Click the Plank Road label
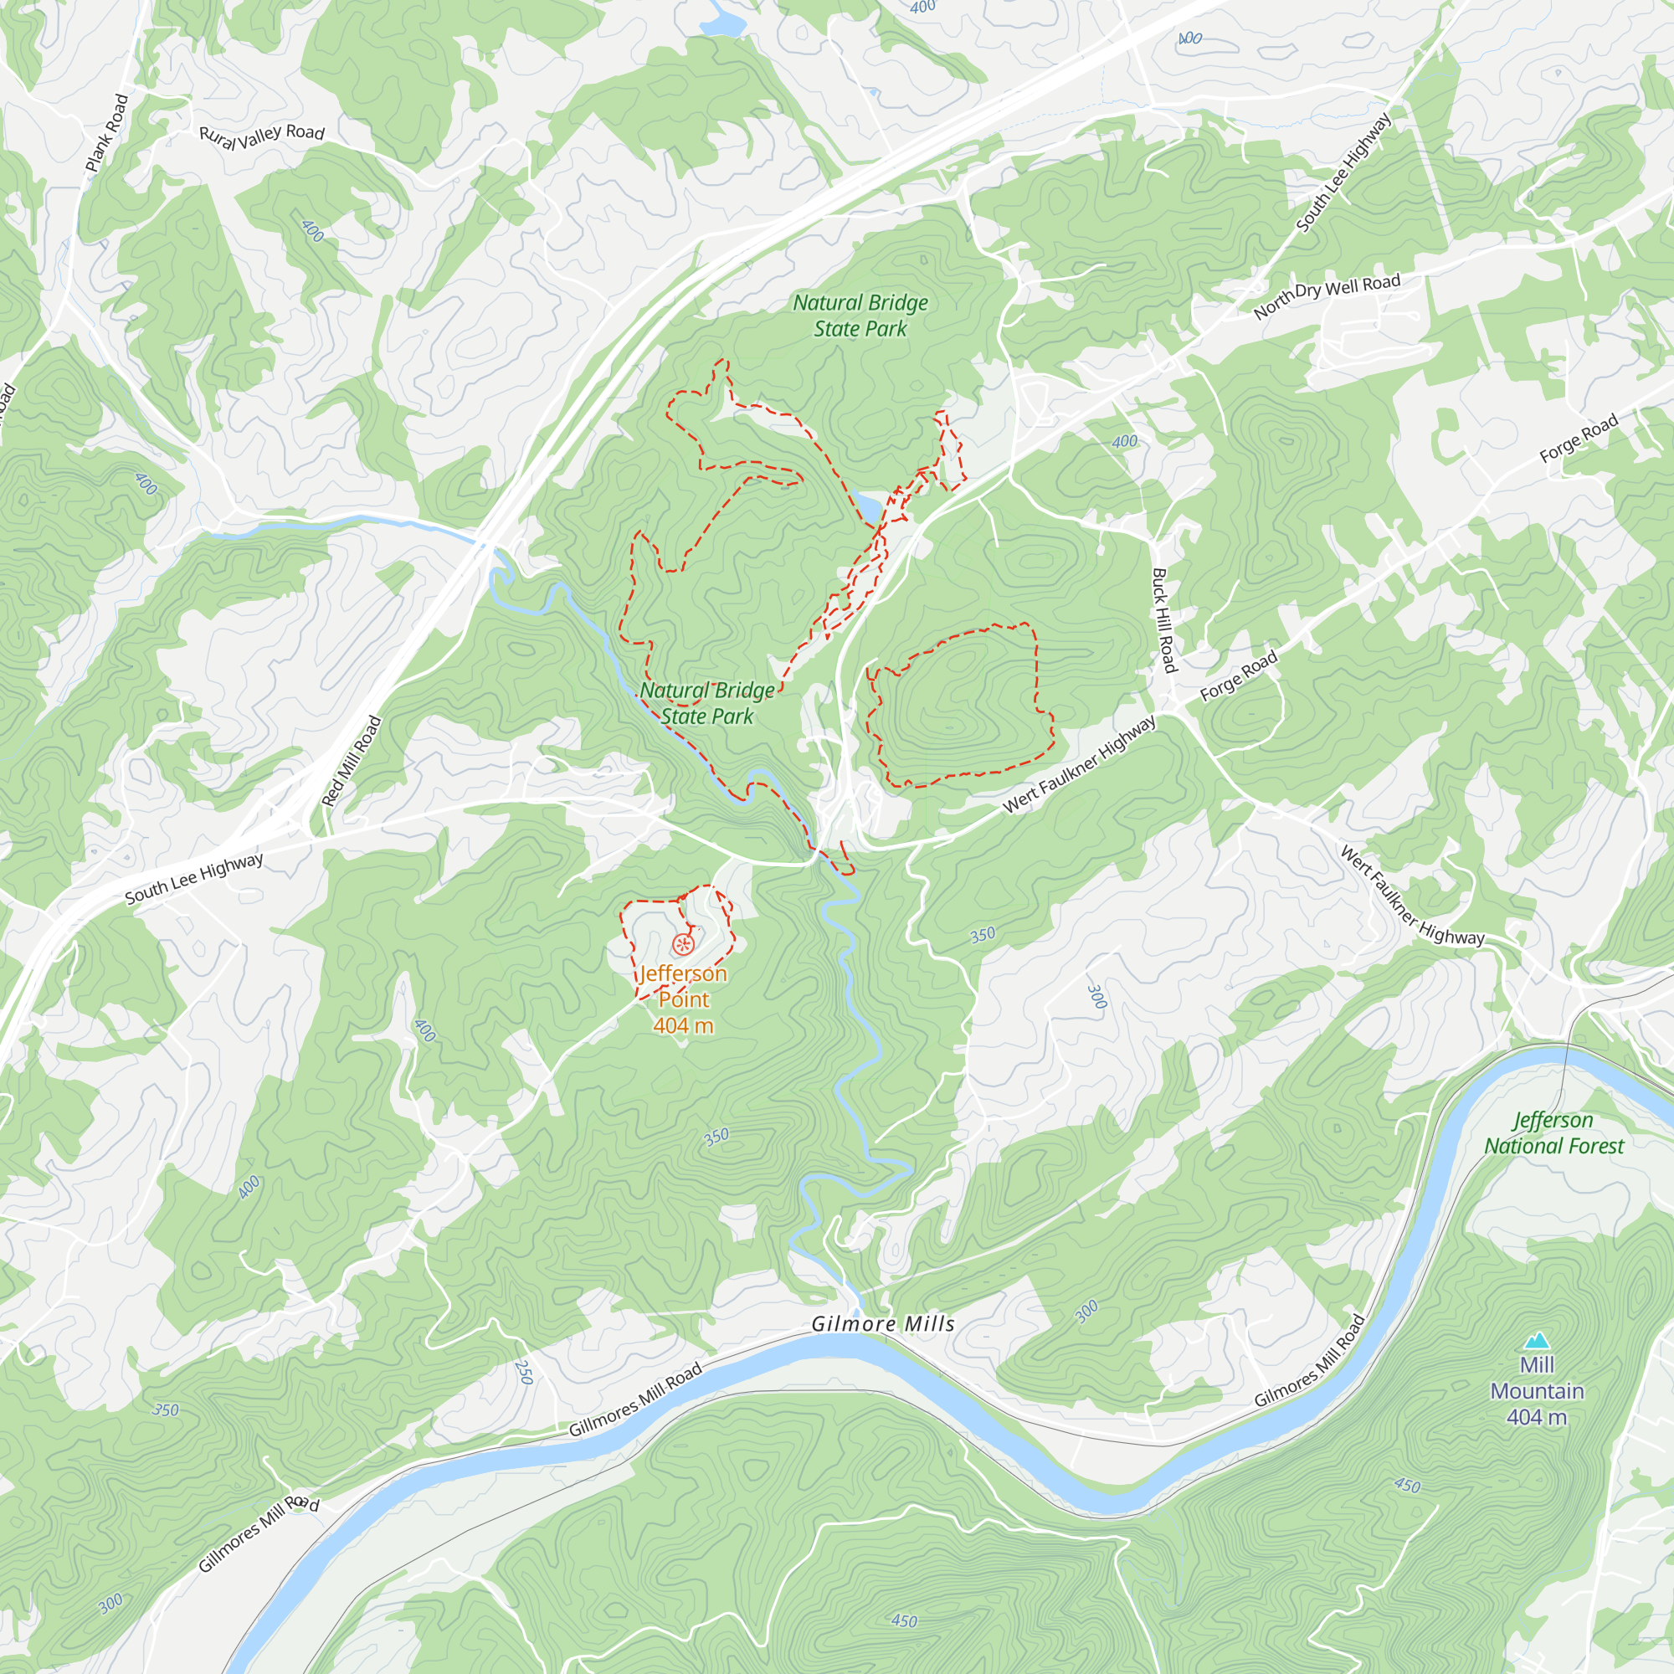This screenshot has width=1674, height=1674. [107, 132]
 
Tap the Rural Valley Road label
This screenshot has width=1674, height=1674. [262, 134]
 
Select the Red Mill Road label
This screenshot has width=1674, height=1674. [351, 761]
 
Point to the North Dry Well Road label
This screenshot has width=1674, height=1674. [1327, 296]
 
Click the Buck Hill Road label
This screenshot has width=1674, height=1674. [1163, 619]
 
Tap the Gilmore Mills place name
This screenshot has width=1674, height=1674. [883, 1324]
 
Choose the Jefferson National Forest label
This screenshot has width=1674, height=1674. [1553, 1132]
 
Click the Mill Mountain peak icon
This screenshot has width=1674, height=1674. [1536, 1340]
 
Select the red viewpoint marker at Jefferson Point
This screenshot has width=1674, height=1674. [684, 943]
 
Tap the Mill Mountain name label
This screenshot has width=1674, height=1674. [1536, 1378]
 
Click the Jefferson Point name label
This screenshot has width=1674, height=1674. [684, 986]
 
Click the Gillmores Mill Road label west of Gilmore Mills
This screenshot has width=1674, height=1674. [635, 1401]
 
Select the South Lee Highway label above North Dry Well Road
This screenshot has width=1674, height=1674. [1343, 173]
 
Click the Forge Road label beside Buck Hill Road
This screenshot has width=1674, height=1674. [1238, 675]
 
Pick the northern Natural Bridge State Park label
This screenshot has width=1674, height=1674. [860, 316]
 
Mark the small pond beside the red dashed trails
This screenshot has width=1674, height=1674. [865, 507]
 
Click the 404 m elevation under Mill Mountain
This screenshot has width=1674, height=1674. [1536, 1418]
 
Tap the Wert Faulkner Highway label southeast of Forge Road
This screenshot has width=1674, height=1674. [1412, 896]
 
